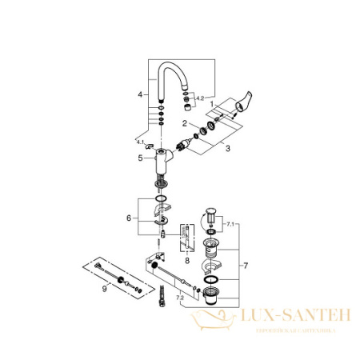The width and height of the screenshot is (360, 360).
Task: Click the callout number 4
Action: coord(140,94)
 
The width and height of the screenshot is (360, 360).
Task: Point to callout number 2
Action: coord(185,123)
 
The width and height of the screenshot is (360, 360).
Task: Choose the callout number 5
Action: coord(141,158)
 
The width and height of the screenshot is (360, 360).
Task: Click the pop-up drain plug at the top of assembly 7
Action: coord(212,215)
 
